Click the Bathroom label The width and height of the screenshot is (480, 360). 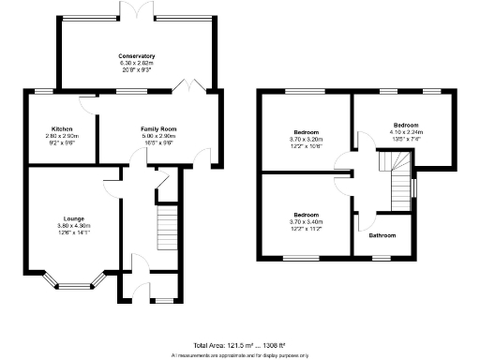[382, 235]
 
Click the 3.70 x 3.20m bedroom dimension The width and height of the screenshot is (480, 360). [306, 143]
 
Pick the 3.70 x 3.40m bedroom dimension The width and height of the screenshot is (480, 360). [306, 221]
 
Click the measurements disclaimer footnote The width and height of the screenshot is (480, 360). [240, 355]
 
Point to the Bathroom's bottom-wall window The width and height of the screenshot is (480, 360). [382, 256]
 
